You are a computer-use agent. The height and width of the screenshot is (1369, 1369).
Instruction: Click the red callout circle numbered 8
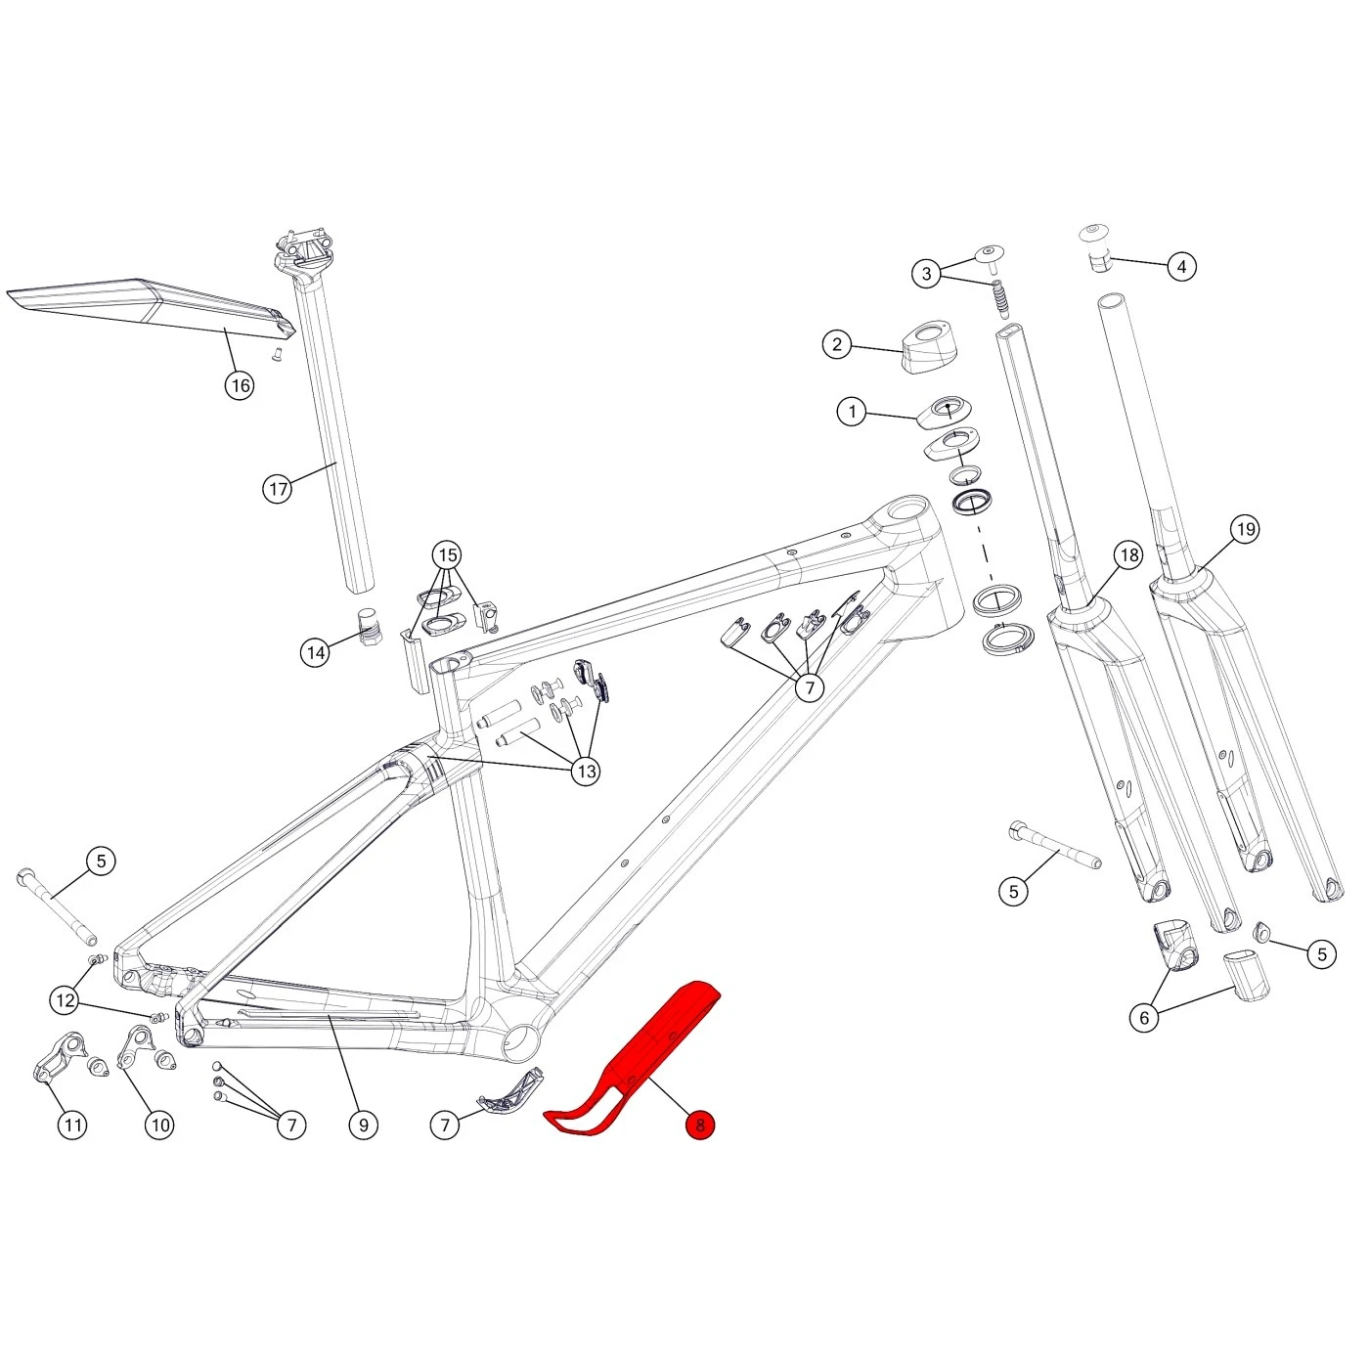(x=700, y=1125)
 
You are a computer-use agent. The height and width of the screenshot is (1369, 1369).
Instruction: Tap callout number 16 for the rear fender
(x=240, y=385)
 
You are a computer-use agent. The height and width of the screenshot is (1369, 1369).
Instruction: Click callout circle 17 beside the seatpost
(x=279, y=488)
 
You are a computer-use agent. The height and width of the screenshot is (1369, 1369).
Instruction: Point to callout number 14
(x=315, y=652)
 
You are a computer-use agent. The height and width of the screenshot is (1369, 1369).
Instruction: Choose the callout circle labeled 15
(x=448, y=556)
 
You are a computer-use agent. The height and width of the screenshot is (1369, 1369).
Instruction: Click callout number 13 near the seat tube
(x=586, y=772)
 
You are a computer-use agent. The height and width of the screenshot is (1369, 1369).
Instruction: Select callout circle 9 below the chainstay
(x=364, y=1125)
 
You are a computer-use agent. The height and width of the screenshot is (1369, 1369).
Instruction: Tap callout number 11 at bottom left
(x=73, y=1125)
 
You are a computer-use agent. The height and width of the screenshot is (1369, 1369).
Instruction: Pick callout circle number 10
(x=160, y=1125)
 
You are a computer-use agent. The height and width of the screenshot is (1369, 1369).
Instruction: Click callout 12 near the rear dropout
(x=66, y=1000)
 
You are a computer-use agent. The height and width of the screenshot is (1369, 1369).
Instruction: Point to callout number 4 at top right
(x=1182, y=266)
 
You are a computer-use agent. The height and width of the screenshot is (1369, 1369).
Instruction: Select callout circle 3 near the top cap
(x=927, y=274)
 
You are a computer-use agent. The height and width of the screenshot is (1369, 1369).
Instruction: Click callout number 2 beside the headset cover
(x=837, y=344)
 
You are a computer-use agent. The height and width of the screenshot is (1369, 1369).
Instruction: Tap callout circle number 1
(x=853, y=412)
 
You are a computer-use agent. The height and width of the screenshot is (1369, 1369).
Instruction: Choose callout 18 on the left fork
(x=1129, y=555)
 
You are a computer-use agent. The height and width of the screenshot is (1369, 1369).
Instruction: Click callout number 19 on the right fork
(x=1245, y=530)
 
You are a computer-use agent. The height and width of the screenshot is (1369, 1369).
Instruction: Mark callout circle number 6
(x=1144, y=1017)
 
